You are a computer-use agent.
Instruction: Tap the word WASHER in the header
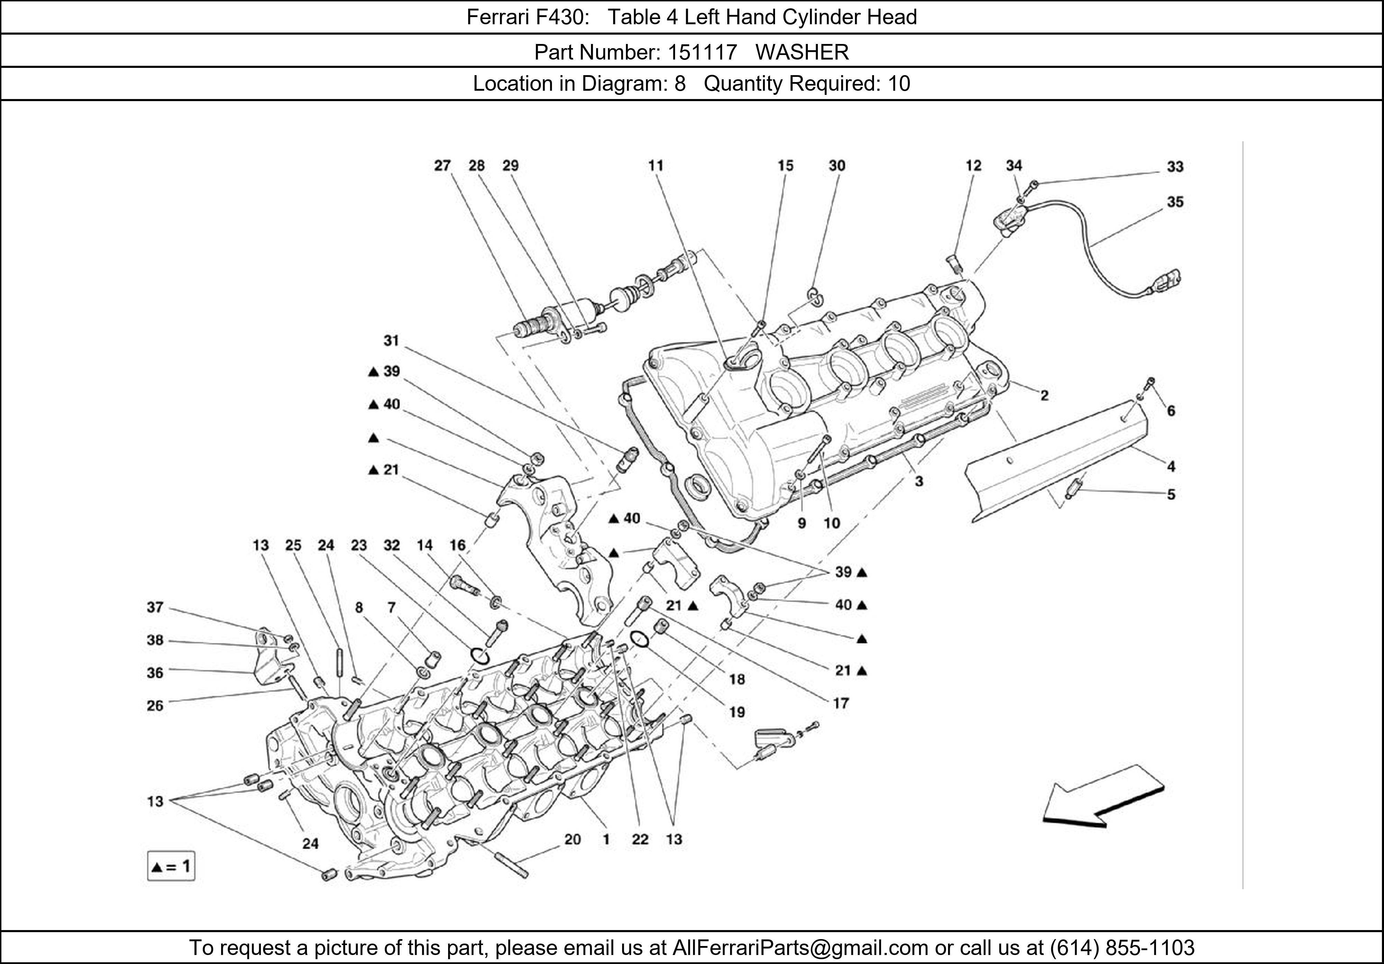click(x=802, y=53)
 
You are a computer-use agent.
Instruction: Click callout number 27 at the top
click(x=443, y=165)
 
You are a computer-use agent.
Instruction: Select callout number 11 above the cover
click(x=656, y=165)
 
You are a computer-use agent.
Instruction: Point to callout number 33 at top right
click(x=1175, y=167)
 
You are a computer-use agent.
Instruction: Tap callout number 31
click(x=392, y=341)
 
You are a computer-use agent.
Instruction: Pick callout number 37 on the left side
click(x=155, y=607)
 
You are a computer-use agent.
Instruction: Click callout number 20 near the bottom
click(x=572, y=839)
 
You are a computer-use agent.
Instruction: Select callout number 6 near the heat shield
click(x=1171, y=411)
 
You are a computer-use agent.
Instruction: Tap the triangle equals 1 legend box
click(x=171, y=867)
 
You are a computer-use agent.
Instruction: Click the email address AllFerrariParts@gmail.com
click(x=800, y=948)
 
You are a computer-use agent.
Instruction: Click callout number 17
click(x=840, y=703)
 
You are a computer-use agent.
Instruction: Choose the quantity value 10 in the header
click(x=899, y=83)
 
